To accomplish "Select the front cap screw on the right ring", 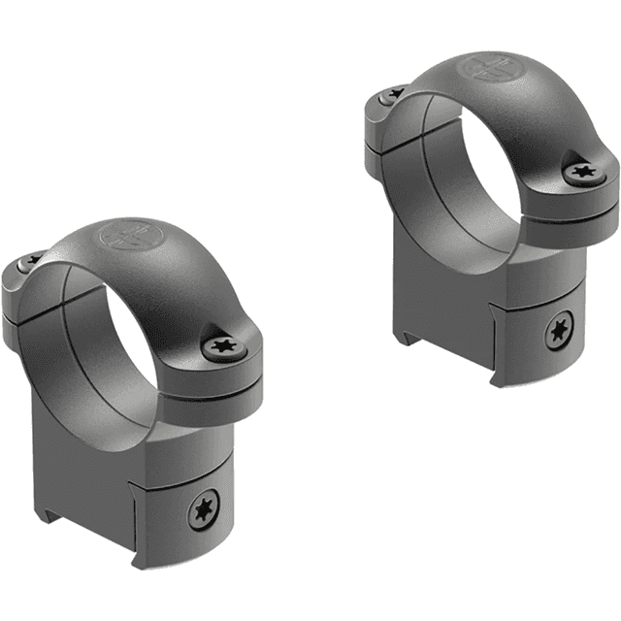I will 581,172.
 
